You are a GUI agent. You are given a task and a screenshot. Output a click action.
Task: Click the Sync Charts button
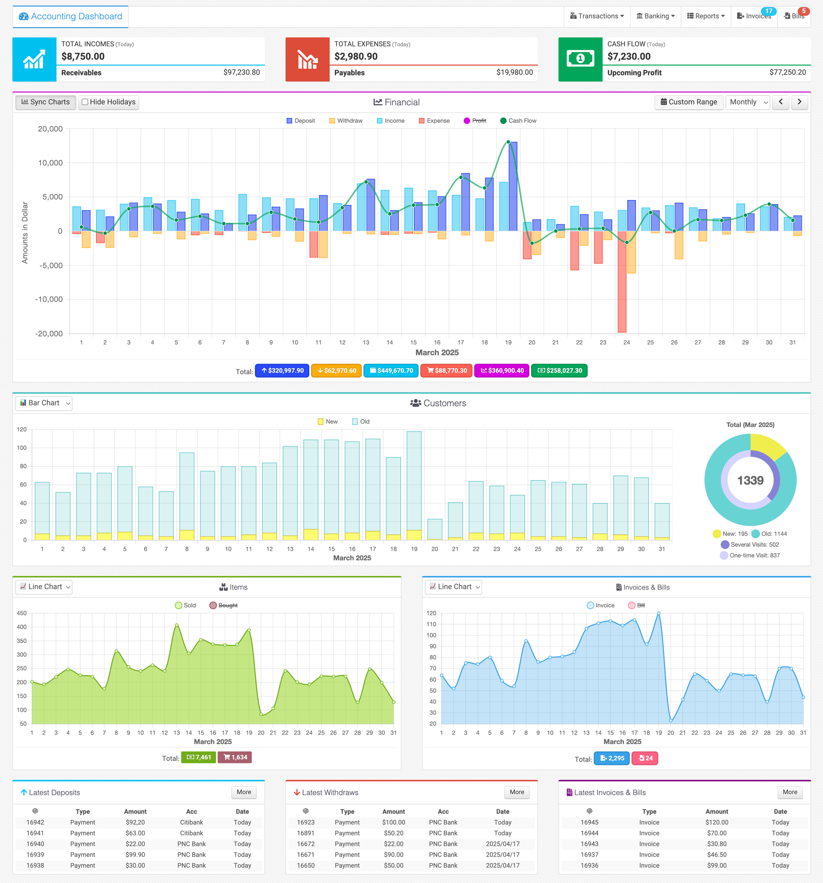point(46,102)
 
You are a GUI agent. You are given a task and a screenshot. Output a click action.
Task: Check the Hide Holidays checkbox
point(85,102)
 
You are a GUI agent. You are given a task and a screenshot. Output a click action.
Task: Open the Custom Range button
point(689,102)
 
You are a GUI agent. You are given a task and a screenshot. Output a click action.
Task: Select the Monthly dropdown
point(748,102)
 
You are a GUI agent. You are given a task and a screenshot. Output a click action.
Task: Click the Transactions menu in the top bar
point(597,16)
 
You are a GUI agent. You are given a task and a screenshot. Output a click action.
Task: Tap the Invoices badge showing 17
point(768,11)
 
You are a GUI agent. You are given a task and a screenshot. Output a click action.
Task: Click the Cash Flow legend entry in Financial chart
point(518,121)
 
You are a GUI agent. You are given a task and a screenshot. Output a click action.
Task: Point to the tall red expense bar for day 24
point(622,281)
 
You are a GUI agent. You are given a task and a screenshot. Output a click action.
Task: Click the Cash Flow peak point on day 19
point(508,142)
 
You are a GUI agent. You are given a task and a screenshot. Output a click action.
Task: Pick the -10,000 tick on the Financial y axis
point(49,299)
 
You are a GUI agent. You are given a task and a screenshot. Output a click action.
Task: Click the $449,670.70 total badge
point(391,371)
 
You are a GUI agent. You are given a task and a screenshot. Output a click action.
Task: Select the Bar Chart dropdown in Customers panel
point(44,403)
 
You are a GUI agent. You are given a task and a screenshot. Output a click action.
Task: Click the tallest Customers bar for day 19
point(414,486)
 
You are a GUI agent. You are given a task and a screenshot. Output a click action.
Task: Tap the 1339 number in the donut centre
point(750,480)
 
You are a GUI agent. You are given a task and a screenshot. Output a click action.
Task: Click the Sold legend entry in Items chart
point(186,605)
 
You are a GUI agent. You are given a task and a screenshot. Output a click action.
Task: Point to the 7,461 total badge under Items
point(198,757)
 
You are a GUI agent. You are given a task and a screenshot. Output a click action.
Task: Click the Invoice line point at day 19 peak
point(659,614)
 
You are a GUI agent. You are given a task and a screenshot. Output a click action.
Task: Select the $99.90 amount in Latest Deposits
point(135,855)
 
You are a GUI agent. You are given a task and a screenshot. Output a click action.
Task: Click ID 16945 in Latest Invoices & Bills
point(589,823)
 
